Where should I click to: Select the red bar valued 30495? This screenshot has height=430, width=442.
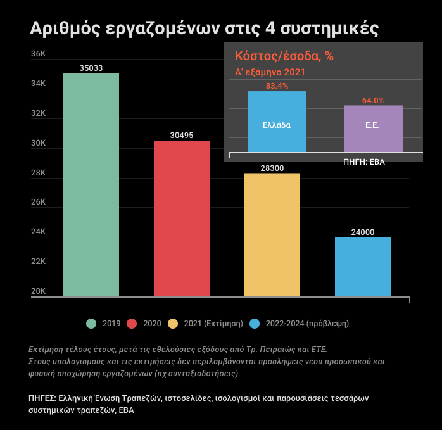pos(182,218)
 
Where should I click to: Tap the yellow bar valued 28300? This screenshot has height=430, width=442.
pos(272,234)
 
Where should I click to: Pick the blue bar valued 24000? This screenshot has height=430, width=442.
pos(363,267)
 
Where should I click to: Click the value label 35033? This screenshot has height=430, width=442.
pos(91,68)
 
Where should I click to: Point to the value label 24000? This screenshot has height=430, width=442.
pos(363,232)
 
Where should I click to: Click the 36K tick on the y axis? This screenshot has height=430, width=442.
pos(38,54)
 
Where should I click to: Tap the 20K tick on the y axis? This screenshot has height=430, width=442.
pos(38,291)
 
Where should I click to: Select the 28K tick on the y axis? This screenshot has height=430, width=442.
pos(38,173)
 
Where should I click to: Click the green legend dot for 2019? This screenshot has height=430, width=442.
pos(91,324)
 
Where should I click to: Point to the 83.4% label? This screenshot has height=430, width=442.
pos(277,85)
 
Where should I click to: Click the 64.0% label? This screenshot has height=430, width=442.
pos(373,100)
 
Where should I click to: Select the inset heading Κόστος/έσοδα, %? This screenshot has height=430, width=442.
pos(284,56)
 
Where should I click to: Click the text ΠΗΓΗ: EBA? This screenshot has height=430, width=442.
pos(364,161)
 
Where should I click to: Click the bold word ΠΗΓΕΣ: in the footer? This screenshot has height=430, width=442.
pos(42,398)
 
